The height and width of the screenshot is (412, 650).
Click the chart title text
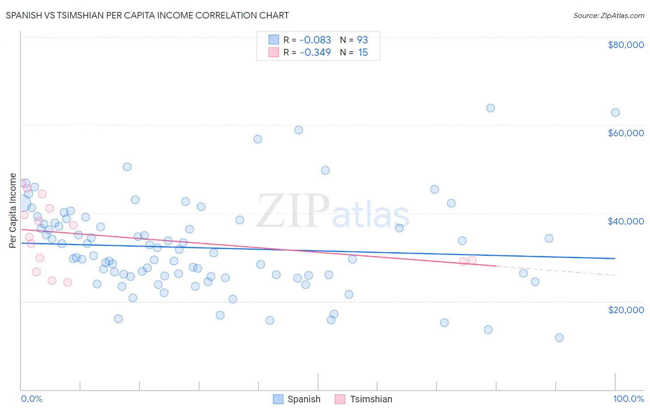(147, 15)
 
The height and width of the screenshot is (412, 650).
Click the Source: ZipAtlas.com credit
(608, 15)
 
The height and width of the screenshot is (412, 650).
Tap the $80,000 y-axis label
(625, 45)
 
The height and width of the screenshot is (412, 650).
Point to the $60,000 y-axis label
(625, 133)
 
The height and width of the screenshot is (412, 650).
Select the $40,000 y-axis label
(625, 221)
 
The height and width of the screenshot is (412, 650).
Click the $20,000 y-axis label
(625, 309)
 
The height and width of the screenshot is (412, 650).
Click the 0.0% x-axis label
(31, 399)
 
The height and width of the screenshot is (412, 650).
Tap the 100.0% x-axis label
(628, 399)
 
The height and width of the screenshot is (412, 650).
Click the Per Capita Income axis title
(13, 211)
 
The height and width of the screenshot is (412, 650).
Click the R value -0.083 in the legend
(315, 40)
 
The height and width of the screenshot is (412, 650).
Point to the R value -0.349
(315, 52)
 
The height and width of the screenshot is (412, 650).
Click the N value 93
(362, 40)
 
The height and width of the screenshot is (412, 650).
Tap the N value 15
(363, 52)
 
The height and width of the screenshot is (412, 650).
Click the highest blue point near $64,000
(491, 108)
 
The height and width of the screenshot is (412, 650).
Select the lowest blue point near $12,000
(559, 338)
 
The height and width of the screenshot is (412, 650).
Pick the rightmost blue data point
(615, 113)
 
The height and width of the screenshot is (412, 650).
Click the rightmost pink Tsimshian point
(472, 260)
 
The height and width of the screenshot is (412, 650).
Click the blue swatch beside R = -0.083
(274, 40)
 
